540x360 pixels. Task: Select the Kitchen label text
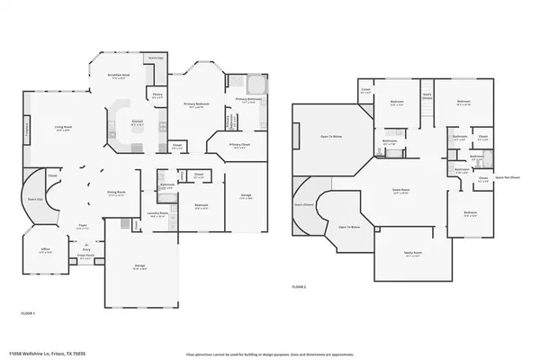pos(138,121)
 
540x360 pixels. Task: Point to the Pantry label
pos(157,93)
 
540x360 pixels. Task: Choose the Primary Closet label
pos(239,144)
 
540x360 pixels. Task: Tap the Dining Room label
pos(115,193)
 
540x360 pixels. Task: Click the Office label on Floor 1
pos(44,250)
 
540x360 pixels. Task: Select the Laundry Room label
pos(158,214)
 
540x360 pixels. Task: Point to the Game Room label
pos(400,191)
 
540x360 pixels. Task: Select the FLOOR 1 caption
pos(28,312)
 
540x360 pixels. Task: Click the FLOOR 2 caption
pos(299,287)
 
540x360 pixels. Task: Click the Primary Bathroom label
pos(251,101)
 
